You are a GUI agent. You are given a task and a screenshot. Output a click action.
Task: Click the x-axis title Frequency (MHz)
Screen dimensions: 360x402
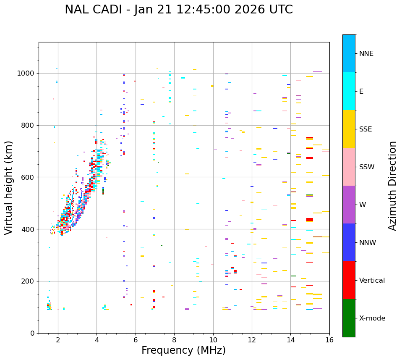coord(183,350)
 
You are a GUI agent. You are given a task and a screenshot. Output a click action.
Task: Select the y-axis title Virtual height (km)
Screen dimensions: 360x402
coord(9,188)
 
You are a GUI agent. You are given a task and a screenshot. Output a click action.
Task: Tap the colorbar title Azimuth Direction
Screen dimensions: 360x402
coord(392,186)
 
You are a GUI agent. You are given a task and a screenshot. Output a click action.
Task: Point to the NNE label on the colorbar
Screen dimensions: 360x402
coord(366,54)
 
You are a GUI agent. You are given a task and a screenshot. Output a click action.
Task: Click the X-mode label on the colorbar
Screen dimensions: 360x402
coord(372,318)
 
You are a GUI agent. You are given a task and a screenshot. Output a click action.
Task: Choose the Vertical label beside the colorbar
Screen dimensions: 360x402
coord(372,281)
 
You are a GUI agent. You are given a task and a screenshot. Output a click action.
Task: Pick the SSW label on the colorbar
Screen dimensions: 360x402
coord(367,167)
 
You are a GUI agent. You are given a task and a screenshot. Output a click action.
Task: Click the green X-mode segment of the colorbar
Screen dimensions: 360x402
coord(349,318)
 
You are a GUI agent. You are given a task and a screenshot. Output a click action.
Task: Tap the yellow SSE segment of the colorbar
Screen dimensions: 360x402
coord(349,129)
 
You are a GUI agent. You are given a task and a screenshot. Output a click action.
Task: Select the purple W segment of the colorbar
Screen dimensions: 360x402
coord(349,205)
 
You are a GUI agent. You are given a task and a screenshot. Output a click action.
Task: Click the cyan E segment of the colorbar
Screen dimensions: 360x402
coord(349,91)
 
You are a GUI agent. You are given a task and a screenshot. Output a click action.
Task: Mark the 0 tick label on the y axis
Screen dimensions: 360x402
coord(32,333)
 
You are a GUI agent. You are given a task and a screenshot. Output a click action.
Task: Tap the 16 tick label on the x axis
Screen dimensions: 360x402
coord(329,340)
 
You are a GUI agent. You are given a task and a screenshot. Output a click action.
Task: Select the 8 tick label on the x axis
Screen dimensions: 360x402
coord(174,340)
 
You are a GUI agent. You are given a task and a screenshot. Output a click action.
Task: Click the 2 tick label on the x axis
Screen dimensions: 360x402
coord(58,340)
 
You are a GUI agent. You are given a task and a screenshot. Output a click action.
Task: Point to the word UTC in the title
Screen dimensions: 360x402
coord(280,10)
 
